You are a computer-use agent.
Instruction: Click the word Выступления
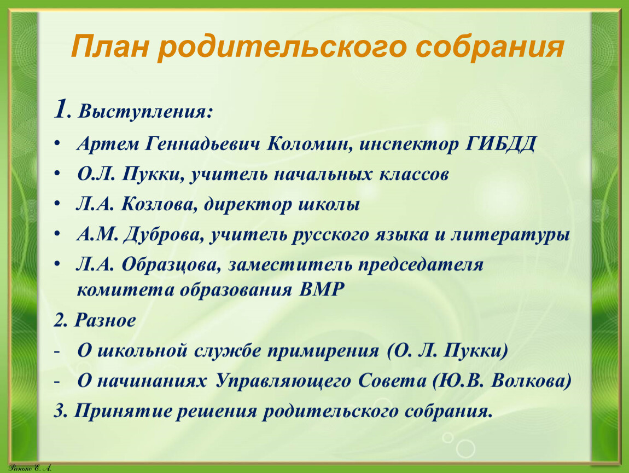click(144, 112)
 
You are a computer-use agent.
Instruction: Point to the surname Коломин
click(310, 143)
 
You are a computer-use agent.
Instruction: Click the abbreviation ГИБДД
click(500, 144)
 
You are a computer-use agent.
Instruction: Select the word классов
click(413, 175)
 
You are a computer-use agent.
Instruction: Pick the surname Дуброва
click(163, 235)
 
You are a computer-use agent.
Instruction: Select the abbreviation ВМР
click(322, 290)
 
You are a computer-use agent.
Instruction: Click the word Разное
click(105, 320)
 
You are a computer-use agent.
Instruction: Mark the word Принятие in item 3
click(123, 412)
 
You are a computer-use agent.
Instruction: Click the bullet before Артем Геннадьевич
click(57, 143)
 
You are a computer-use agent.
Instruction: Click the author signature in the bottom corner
click(30, 468)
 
